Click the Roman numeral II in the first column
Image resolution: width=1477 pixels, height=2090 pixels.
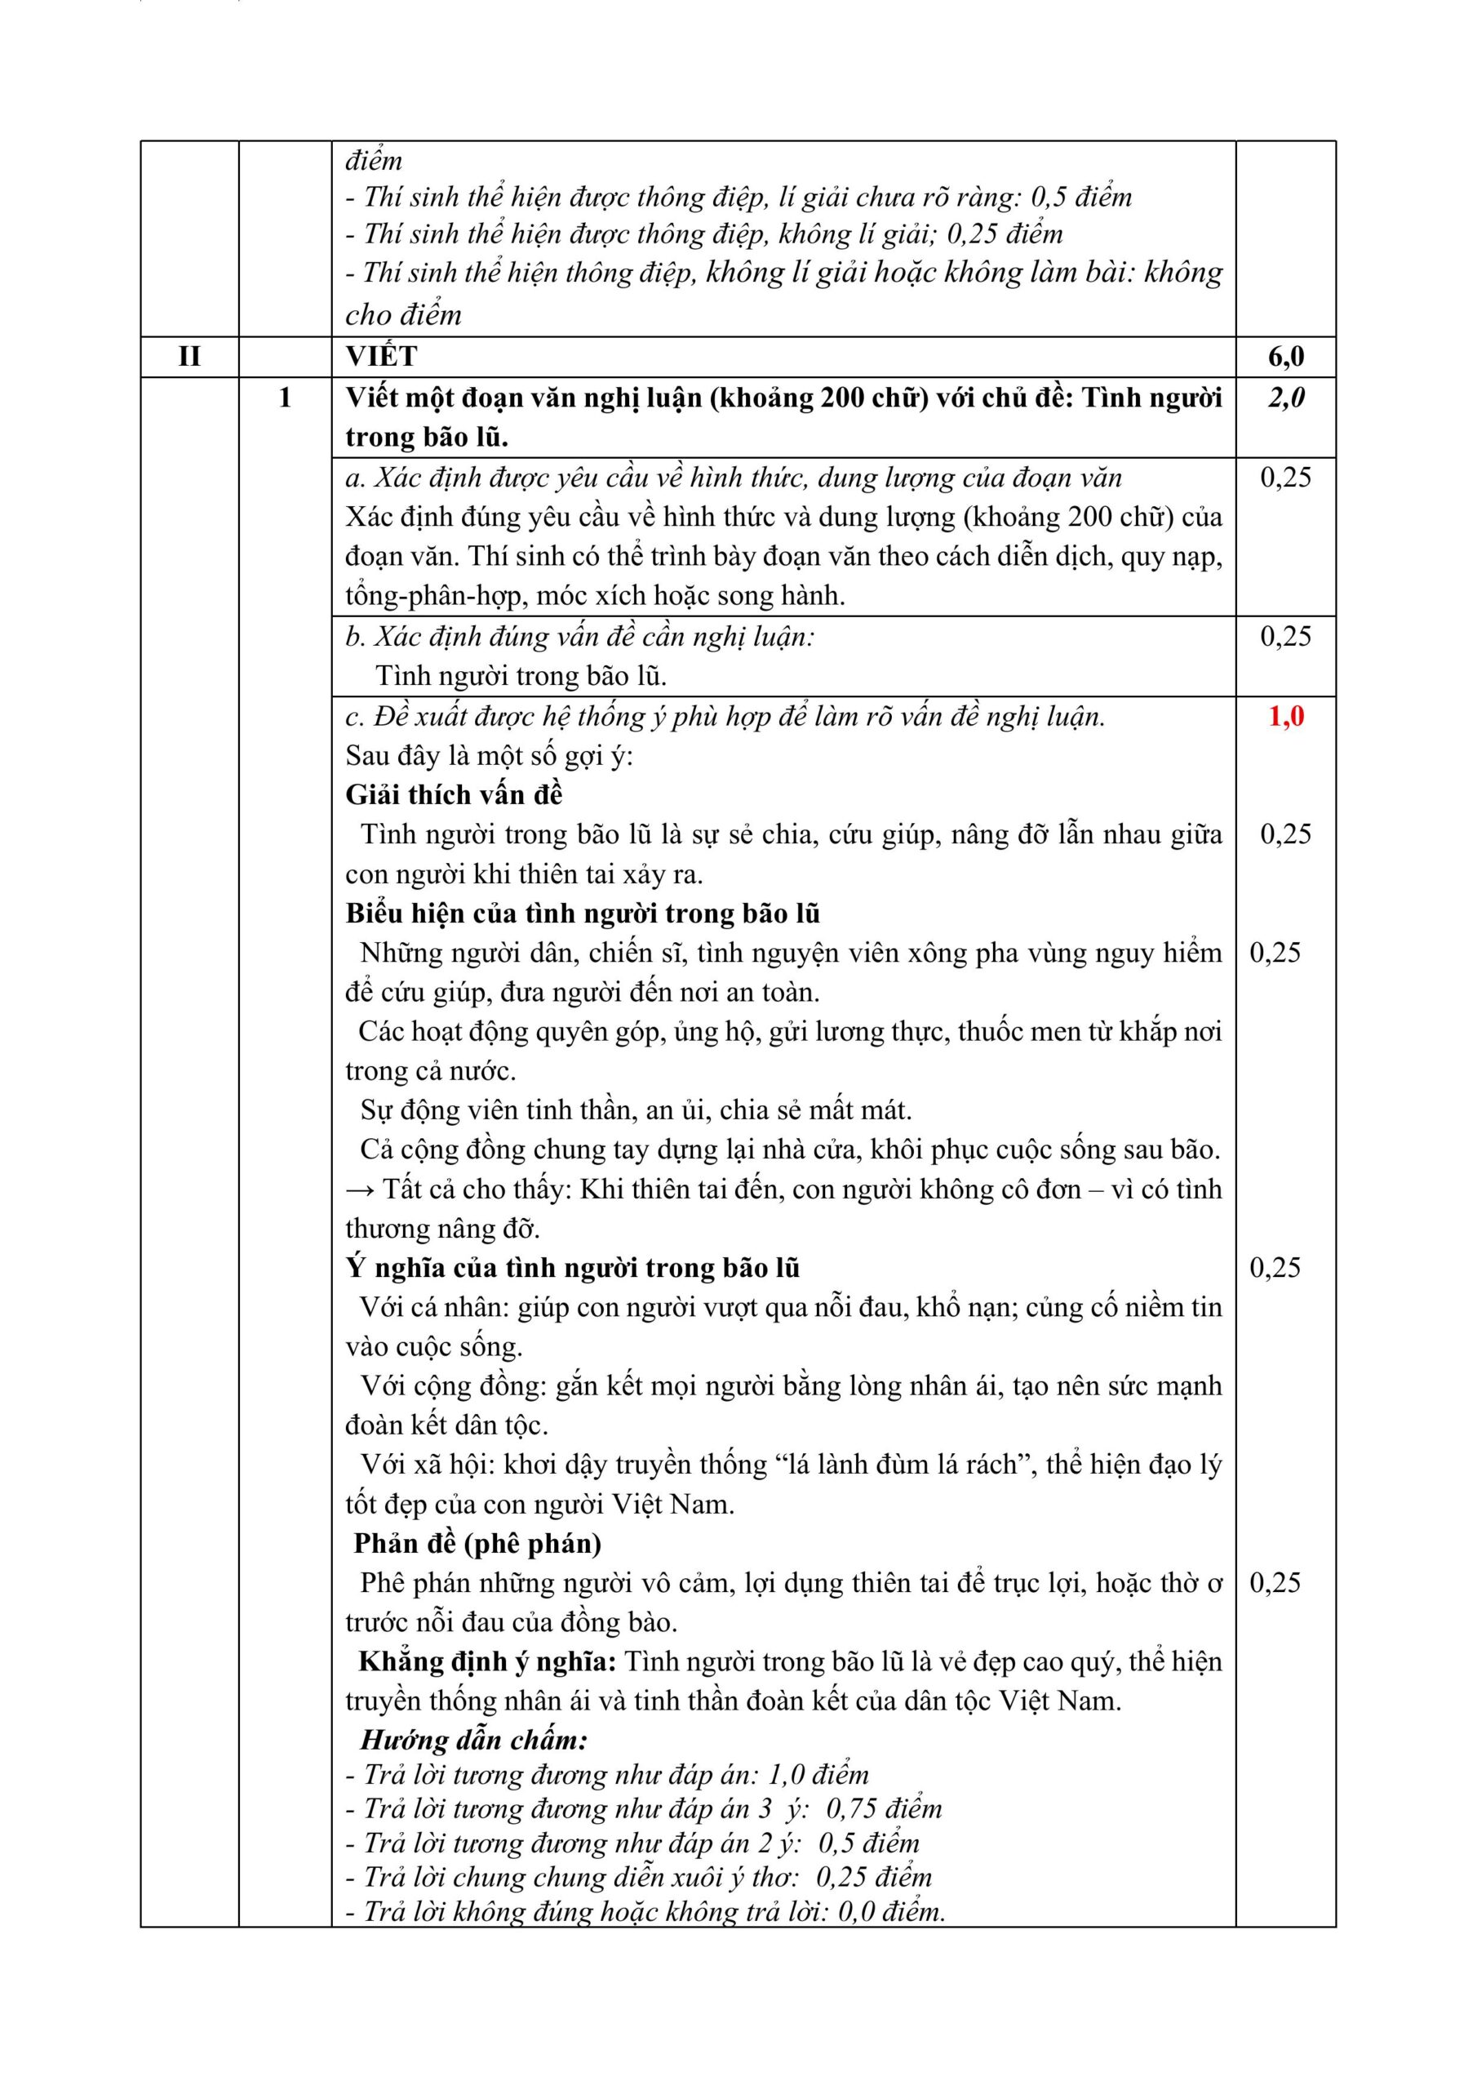tap(189, 356)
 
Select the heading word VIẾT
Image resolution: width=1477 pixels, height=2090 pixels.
tap(380, 356)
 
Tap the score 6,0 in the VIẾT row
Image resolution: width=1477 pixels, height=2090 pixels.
tap(1285, 356)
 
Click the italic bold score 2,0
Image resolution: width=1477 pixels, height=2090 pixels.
tap(1285, 397)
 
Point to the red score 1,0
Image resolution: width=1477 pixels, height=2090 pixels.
tap(1285, 715)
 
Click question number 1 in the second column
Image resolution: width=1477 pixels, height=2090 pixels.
tap(285, 397)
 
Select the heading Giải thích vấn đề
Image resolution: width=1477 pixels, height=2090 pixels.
tap(453, 794)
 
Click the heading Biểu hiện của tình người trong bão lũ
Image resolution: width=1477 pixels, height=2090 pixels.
tap(583, 913)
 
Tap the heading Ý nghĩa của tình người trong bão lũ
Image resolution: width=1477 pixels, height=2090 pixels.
tap(572, 1267)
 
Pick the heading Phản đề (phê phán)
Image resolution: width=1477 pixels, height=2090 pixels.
tap(477, 1543)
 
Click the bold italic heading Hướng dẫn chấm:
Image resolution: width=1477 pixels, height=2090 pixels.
tap(473, 1740)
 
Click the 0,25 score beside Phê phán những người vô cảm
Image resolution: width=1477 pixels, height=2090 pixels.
tap(1274, 1582)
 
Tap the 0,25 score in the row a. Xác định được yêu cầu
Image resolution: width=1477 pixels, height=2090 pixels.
tap(1285, 477)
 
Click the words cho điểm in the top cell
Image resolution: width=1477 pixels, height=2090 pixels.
tap(403, 315)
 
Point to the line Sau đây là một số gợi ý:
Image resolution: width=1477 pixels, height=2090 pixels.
tap(489, 755)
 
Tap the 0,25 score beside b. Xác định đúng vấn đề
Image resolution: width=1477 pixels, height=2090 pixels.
tap(1285, 635)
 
